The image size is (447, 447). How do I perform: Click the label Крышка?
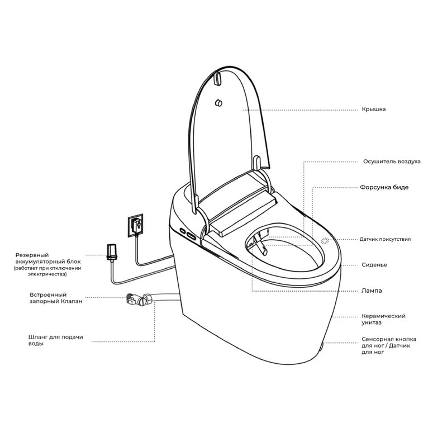[373, 109]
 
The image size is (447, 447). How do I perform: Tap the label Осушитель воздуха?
[392, 161]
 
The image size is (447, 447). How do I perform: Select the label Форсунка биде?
[384, 187]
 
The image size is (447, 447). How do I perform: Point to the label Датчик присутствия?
[385, 239]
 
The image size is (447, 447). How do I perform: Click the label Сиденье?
[374, 265]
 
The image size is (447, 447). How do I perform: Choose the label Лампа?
[372, 291]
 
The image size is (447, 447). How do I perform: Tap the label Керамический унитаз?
[383, 319]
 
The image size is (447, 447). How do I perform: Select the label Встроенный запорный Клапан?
[56, 298]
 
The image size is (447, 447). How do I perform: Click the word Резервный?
[32, 255]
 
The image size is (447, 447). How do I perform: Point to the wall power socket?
[135, 225]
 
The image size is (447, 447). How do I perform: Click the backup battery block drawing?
[111, 251]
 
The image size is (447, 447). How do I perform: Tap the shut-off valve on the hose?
[139, 299]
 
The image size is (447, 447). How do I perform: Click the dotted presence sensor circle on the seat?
[325, 241]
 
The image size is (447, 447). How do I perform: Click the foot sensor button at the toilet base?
[322, 346]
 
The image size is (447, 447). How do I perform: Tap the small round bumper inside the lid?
[219, 103]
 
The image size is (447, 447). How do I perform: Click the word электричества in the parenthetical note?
[47, 274]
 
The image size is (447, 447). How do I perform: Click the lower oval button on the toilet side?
[191, 236]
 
